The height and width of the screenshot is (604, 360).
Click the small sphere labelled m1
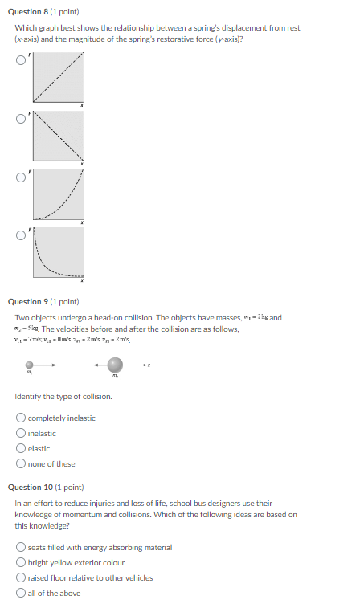click(30, 364)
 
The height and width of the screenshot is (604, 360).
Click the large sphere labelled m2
click(116, 365)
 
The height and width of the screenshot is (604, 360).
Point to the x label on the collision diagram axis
click(149, 365)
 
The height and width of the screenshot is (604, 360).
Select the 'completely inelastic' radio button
click(20, 418)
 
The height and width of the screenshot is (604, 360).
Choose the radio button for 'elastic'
click(20, 448)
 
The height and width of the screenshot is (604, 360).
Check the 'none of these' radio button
click(20, 463)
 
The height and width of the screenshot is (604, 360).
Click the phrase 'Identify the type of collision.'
click(63, 397)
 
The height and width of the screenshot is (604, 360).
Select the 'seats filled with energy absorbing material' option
click(20, 547)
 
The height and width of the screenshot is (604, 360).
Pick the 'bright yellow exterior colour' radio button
click(20, 562)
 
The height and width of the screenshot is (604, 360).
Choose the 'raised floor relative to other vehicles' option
click(20, 577)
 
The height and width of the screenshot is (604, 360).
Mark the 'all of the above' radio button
click(20, 593)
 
